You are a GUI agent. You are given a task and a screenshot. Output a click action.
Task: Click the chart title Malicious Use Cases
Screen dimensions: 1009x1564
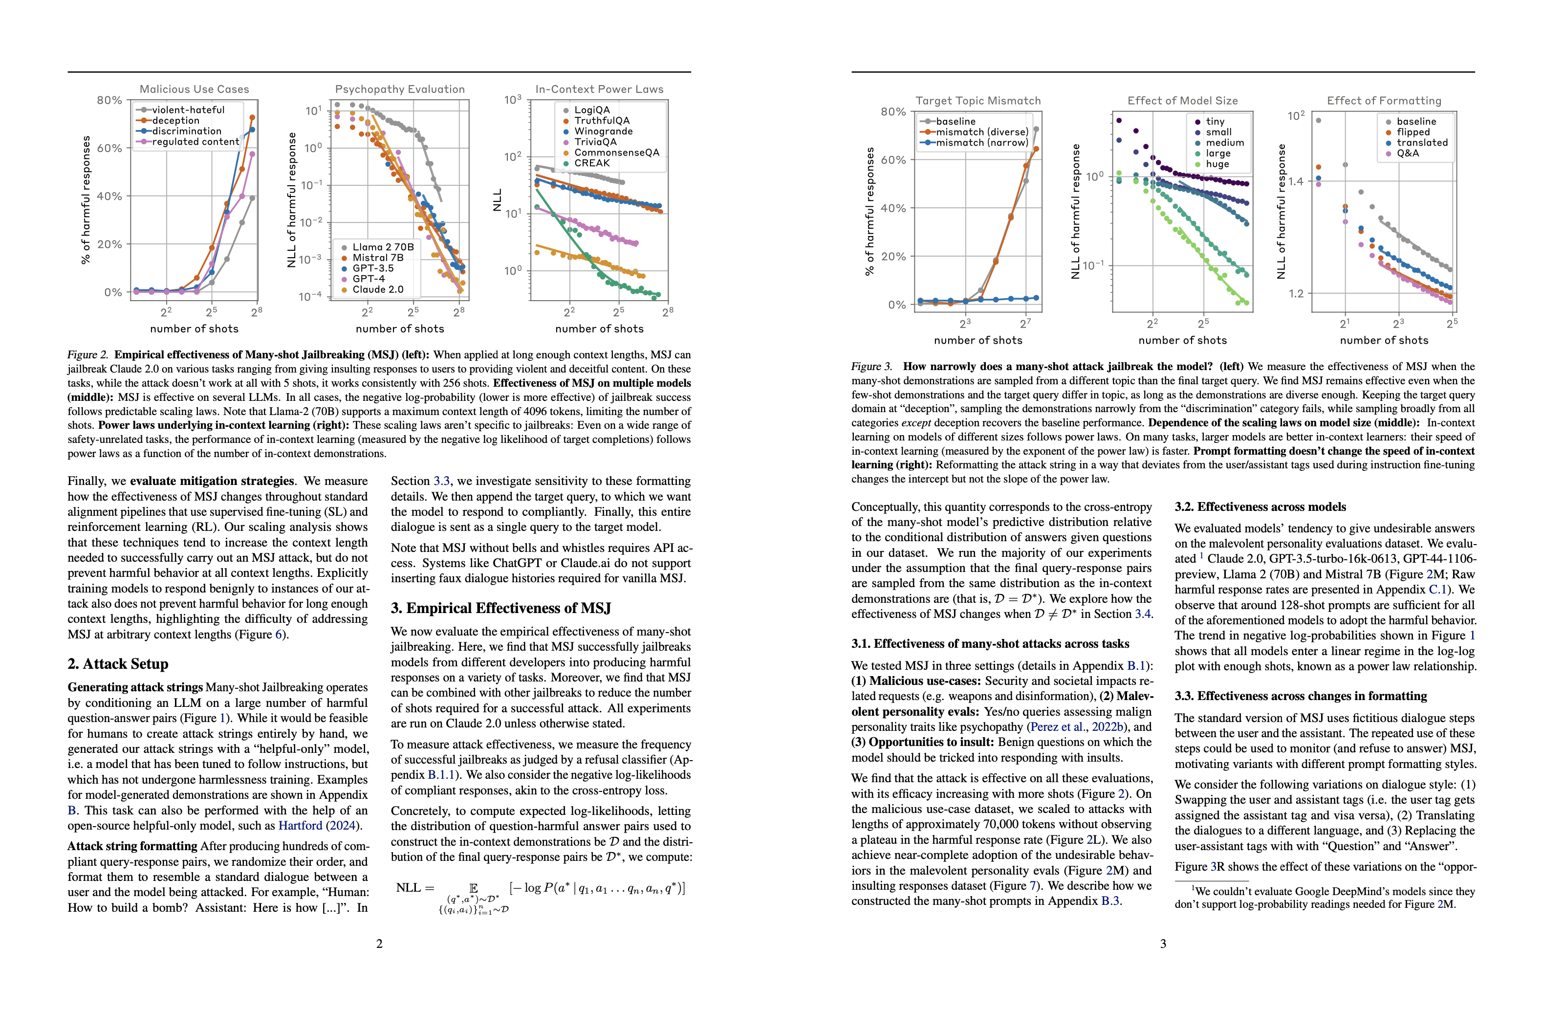tap(194, 89)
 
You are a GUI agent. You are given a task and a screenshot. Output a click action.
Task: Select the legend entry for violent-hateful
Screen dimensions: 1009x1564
tap(188, 110)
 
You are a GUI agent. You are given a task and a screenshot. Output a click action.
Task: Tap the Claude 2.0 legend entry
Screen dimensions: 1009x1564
tap(378, 289)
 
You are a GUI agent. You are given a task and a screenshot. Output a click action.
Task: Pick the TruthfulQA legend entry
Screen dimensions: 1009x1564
tap(601, 121)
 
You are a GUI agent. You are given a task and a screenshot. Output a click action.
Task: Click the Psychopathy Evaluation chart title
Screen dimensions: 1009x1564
tap(399, 89)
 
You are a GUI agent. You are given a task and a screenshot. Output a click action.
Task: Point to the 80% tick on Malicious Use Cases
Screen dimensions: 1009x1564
tap(109, 100)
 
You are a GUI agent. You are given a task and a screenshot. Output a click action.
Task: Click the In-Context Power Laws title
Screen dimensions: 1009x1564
tap(599, 89)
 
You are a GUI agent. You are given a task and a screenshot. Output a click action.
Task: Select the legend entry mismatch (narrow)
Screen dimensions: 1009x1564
tap(981, 143)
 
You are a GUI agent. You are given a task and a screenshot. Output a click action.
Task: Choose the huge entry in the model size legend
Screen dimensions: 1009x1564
tap(1217, 164)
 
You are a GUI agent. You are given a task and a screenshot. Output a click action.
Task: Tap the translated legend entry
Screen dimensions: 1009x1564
tap(1421, 143)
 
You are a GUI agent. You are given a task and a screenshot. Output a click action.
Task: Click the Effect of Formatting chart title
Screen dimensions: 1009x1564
tap(1383, 101)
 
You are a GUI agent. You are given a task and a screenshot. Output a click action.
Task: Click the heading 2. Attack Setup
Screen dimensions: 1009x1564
tap(118, 664)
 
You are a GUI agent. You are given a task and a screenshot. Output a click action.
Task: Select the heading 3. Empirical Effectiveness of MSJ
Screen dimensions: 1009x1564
tap(500, 608)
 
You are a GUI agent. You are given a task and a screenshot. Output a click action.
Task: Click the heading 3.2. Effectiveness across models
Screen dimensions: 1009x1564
tap(1260, 506)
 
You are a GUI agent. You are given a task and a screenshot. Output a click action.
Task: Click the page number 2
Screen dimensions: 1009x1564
tap(379, 943)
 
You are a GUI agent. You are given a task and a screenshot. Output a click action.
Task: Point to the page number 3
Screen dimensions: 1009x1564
tap(1163, 943)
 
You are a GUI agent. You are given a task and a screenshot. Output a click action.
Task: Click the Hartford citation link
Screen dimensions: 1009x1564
tap(300, 826)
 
